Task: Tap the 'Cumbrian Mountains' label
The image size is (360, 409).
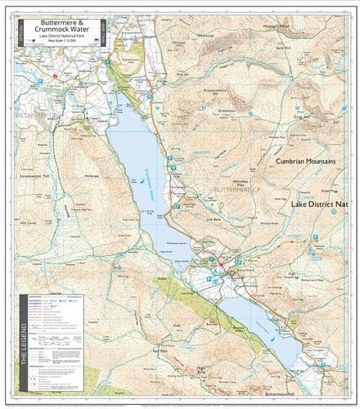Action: click(x=305, y=162)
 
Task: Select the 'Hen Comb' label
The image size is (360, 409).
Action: click(x=28, y=222)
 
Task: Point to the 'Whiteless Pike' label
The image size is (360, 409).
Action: click(x=241, y=183)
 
